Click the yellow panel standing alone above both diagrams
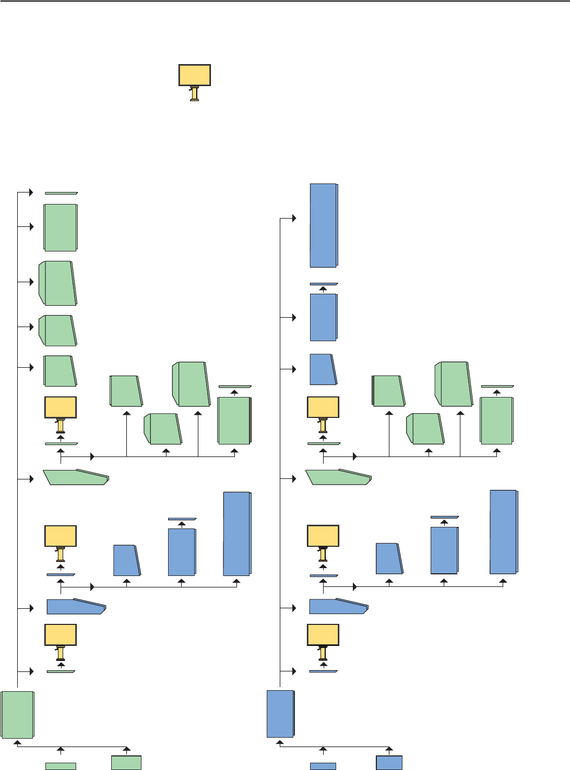coord(195,75)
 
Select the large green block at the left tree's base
coord(17,715)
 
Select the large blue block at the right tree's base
coord(280,714)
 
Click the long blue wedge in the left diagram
coord(76,606)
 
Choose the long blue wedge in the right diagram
coord(338,606)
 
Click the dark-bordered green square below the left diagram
coord(126,762)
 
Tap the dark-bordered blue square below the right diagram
coord(389,763)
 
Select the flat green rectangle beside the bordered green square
coord(61,766)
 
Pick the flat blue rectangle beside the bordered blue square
coord(323,766)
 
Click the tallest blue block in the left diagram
coord(237,534)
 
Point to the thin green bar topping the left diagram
coord(61,193)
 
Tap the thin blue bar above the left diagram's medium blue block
coord(182,519)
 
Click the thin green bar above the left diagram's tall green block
coord(235,387)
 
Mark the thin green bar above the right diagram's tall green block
coord(497,387)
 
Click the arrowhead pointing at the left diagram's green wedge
coord(31,479)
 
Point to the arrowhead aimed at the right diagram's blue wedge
coord(294,608)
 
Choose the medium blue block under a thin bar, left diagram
coord(182,552)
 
